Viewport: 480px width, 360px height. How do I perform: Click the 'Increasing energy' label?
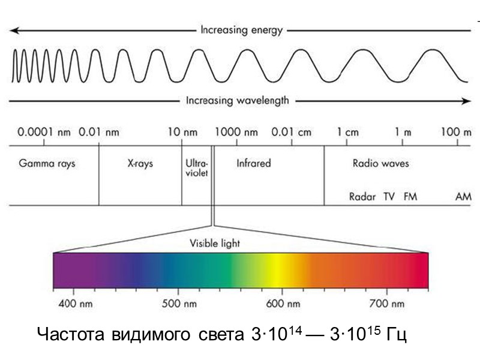pos(241,29)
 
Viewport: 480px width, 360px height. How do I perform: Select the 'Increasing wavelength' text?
pos(237,101)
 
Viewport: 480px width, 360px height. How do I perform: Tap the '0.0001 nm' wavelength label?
pos(44,133)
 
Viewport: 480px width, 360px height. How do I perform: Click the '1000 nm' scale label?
pos(237,133)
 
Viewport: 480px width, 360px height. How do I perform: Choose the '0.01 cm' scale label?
pos(292,133)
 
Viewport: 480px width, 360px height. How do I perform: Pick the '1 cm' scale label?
pos(347,133)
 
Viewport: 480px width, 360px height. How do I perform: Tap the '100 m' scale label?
pos(456,133)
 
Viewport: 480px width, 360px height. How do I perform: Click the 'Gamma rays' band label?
pos(47,163)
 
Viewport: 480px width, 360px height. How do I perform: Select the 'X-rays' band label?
pos(140,163)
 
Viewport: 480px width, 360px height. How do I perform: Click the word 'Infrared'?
pos(253,163)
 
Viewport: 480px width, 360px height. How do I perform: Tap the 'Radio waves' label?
pos(380,163)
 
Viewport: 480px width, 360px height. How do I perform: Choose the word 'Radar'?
pos(362,196)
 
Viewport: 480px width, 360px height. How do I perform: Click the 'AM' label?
pos(463,196)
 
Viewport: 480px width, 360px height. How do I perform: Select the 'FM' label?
pos(410,196)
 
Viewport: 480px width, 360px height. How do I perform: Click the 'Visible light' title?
pos(215,244)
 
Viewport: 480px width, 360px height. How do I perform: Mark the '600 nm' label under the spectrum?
pos(283,304)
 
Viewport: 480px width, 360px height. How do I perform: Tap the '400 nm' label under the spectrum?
pos(75,304)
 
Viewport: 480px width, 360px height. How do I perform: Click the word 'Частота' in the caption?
pos(72,334)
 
